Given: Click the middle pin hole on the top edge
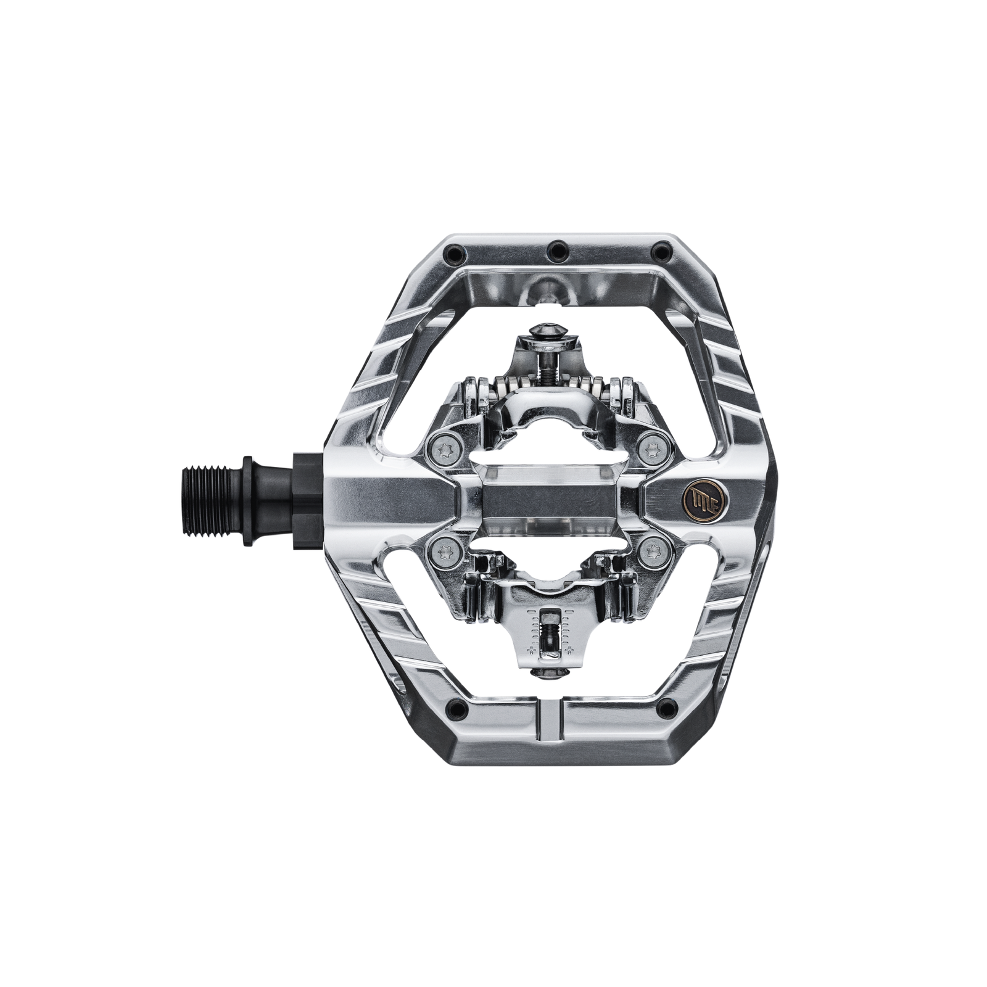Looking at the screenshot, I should click(559, 249).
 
